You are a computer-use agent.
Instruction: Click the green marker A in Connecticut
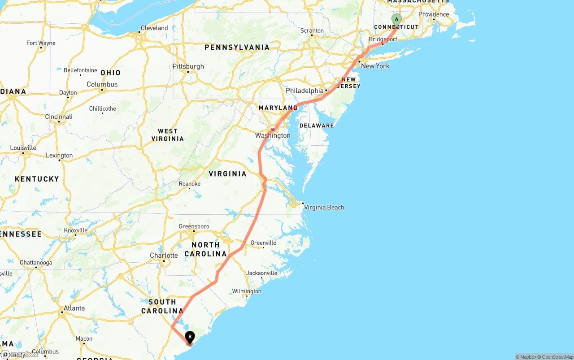396,19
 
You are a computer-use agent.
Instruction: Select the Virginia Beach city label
324,208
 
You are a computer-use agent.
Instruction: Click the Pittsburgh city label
188,66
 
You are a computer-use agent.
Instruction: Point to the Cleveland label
154,28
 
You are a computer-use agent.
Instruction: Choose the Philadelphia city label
304,91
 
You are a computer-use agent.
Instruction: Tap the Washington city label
273,135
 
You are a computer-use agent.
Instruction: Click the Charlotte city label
164,256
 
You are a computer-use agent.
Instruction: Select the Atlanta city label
74,308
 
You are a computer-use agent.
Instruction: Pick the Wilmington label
246,291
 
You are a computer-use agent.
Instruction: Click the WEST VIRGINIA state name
168,135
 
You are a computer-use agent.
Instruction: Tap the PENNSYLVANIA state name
237,47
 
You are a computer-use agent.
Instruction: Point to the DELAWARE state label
317,126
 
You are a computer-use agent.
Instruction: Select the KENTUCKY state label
37,179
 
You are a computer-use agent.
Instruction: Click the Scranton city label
312,30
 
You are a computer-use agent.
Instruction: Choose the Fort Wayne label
41,43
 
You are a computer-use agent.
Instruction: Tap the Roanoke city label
190,184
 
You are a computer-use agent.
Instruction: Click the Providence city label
434,14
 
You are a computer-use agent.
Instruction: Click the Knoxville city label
75,230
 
